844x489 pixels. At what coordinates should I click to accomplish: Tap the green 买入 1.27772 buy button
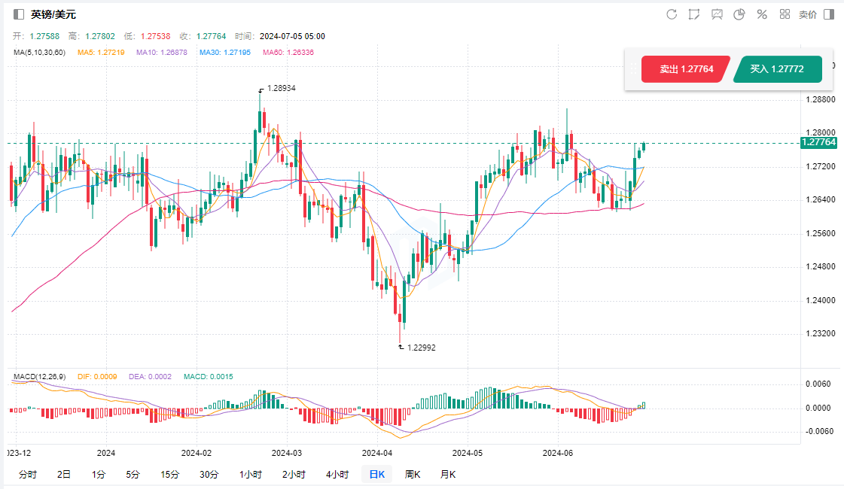click(x=777, y=69)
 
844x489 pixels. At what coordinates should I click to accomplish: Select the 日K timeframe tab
click(x=376, y=474)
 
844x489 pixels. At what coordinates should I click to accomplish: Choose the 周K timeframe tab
click(x=413, y=474)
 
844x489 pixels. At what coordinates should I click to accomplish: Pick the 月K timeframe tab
click(x=447, y=474)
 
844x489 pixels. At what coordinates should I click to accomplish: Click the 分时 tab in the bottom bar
click(x=27, y=474)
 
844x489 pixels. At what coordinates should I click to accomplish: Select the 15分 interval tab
click(x=169, y=474)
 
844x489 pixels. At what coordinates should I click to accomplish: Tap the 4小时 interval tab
click(x=337, y=474)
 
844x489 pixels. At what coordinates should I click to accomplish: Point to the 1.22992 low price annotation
click(x=421, y=348)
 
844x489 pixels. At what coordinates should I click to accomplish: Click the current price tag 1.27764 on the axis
click(x=818, y=142)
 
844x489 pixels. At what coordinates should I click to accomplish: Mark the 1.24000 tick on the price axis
click(x=821, y=300)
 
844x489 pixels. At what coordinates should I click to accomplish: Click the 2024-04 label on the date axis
click(x=377, y=453)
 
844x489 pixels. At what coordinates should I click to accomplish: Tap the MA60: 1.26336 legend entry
click(x=288, y=52)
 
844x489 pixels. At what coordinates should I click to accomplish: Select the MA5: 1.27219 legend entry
click(x=101, y=52)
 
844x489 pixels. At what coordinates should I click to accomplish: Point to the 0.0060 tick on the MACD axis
click(x=819, y=384)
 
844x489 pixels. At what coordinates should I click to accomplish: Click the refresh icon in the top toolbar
click(x=672, y=14)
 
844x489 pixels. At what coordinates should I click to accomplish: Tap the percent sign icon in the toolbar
click(x=761, y=14)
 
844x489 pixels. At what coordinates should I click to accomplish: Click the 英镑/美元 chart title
click(x=53, y=14)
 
